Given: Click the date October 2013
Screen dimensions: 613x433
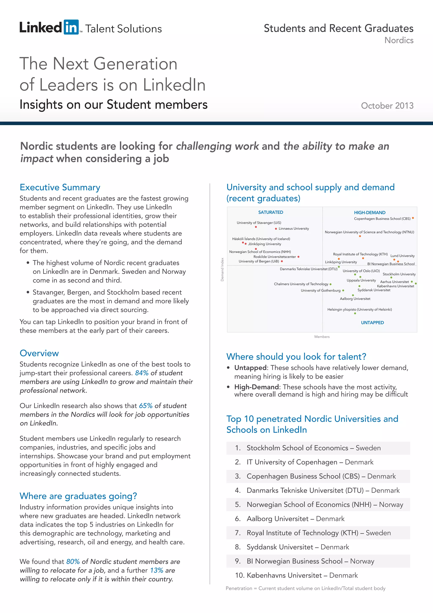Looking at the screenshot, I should click(x=387, y=106).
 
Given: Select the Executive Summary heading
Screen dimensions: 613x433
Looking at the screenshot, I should click(x=60, y=187).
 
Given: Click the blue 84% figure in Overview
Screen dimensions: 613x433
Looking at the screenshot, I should click(x=142, y=373).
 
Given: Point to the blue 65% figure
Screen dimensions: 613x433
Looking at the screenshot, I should click(x=146, y=406).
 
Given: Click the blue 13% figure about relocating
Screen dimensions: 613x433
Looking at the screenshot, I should click(x=156, y=570).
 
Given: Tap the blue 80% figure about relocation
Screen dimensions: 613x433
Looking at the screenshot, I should click(x=73, y=562).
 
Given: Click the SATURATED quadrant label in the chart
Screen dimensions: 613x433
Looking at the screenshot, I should click(x=270, y=212).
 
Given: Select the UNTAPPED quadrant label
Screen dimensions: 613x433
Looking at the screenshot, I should click(x=372, y=323).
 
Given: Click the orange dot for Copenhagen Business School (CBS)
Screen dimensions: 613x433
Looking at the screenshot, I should click(x=413, y=218).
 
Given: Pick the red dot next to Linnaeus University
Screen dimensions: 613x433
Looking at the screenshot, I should click(x=276, y=229).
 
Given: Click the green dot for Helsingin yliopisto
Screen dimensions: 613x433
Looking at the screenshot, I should click(x=355, y=313).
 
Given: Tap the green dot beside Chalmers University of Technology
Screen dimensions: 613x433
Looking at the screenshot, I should click(x=330, y=284).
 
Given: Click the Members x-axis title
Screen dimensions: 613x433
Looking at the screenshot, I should click(x=322, y=337).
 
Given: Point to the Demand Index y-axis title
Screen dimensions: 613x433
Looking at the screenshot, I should click(x=222, y=269).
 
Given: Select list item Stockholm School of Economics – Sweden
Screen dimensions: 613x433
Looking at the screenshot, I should click(x=314, y=448).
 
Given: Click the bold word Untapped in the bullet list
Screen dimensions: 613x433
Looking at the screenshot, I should click(x=250, y=368).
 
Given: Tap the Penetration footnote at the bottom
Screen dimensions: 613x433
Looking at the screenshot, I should click(x=305, y=588).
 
